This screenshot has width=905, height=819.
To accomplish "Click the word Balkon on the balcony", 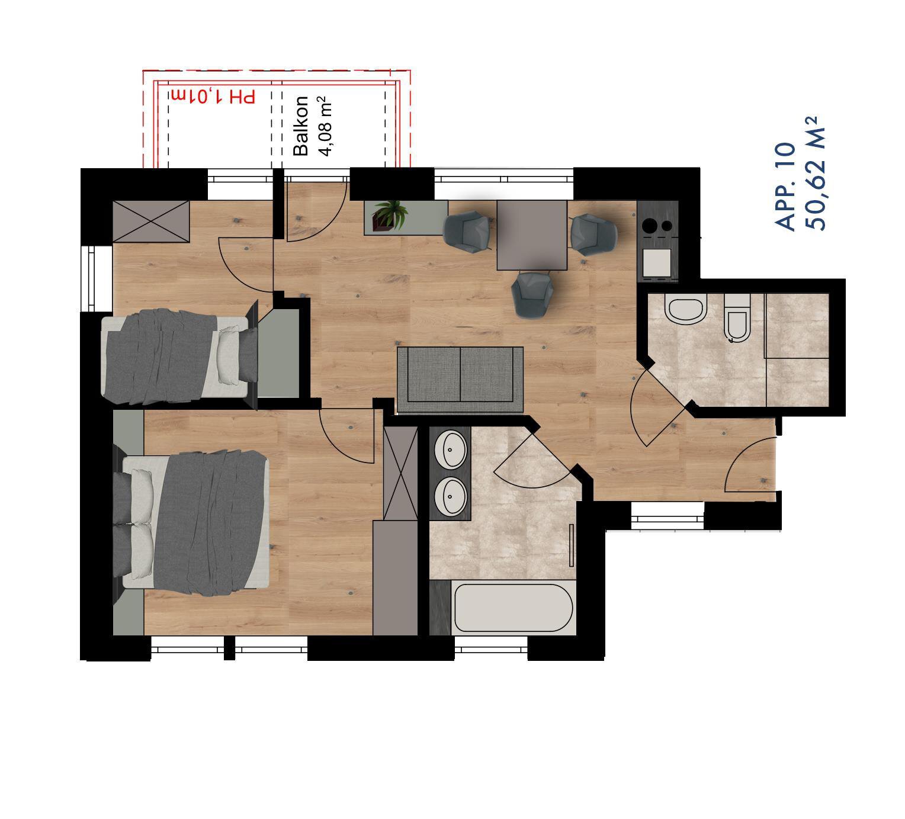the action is coord(300,126).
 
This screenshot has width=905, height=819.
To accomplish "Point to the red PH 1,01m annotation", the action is coord(213,97).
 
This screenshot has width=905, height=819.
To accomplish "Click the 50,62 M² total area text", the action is coord(815,174).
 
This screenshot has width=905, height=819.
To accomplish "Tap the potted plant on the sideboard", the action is coord(390,215).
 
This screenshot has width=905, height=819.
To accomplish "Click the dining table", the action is coord(532,236).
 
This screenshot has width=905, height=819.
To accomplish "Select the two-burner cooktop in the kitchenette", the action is coord(657,226).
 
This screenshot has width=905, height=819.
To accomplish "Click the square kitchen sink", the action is coord(656,262).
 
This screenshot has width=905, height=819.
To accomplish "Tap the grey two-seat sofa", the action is coord(460,380).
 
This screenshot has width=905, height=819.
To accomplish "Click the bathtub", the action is coord(514,608).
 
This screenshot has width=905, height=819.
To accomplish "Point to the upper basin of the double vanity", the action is coord(450,449).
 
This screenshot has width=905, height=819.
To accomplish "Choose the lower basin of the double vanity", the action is coord(450,496).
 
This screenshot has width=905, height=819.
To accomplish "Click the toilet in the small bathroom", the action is coord(737,318).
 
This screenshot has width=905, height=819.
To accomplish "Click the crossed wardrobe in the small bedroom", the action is coord(150,221).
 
